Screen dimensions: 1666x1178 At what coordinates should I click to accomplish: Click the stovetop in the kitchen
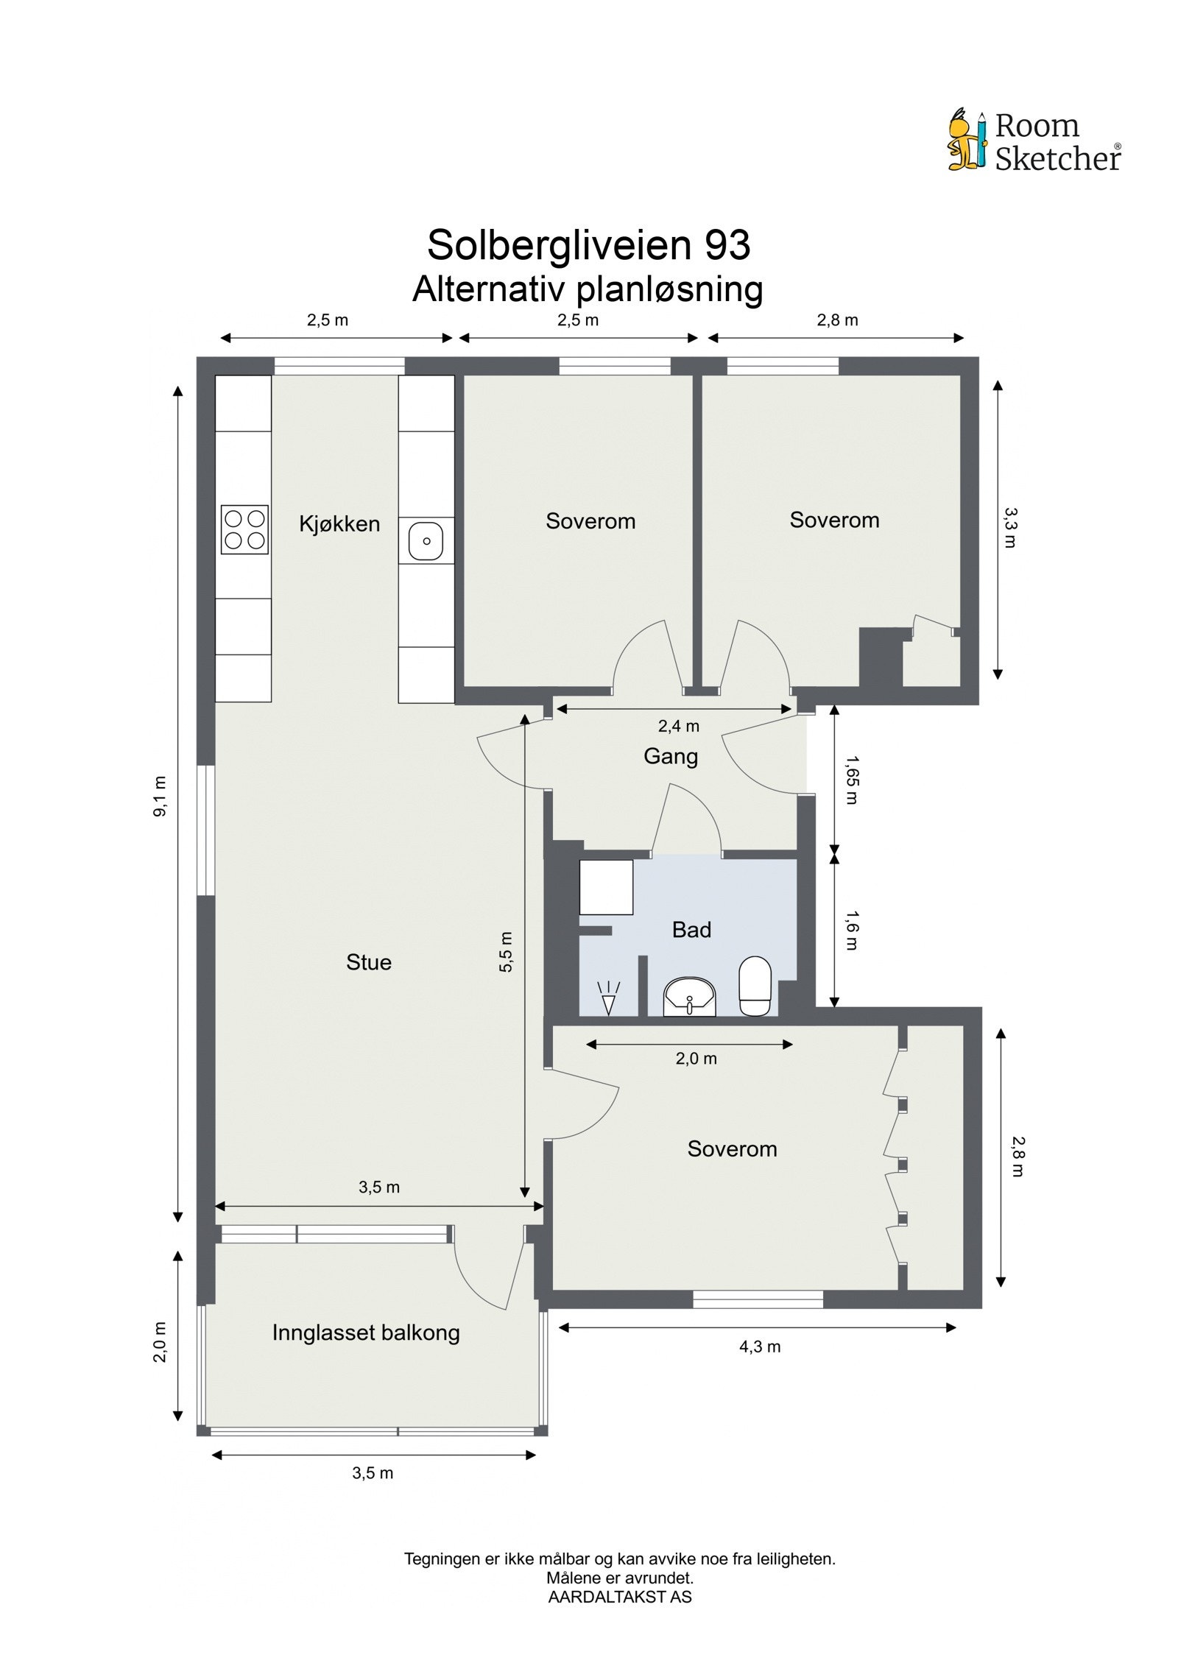coord(244,529)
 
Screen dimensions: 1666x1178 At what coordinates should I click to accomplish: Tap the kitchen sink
coord(426,541)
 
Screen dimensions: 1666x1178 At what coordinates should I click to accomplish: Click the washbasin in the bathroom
coord(689,996)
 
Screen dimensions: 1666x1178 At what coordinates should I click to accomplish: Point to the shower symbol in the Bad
coord(608,998)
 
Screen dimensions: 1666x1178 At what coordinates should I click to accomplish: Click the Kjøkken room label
coord(339,524)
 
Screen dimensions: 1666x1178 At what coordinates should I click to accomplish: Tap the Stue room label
coord(368,962)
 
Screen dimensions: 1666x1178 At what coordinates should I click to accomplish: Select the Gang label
coord(670,756)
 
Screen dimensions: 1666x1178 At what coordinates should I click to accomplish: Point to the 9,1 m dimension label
coord(161,796)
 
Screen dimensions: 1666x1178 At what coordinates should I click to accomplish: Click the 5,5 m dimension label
coord(506,952)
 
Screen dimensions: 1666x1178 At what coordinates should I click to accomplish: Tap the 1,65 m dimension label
coord(851,780)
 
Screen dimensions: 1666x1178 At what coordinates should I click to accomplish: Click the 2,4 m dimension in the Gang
coord(678,727)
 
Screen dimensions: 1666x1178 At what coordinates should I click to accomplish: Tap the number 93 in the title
coord(727,245)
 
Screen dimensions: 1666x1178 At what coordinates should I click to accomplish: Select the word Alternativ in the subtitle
coord(489,289)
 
